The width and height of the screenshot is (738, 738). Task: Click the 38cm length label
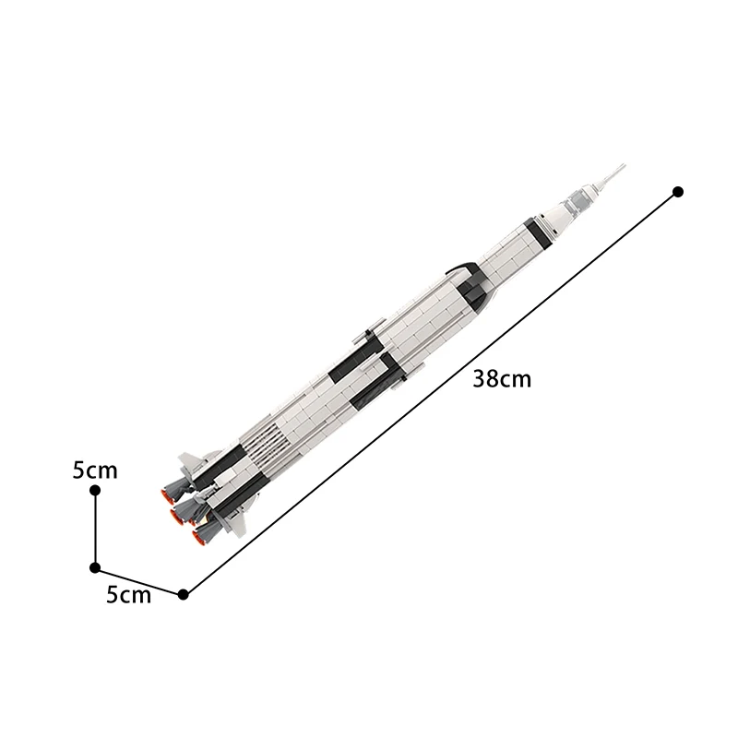point(502,378)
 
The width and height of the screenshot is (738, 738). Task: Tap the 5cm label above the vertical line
point(96,470)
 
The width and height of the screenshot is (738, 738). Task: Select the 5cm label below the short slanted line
point(128,595)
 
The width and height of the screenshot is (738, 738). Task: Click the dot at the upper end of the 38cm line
point(678,191)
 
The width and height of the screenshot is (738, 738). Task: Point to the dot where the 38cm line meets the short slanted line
point(184,594)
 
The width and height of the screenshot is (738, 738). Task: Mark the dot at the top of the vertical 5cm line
point(95,492)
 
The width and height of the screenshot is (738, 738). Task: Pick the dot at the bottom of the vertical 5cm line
point(95,567)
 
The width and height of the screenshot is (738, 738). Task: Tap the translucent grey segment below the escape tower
point(583,194)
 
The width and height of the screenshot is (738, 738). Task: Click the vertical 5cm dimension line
point(95,530)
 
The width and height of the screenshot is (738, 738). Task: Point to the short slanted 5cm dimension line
point(138,580)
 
